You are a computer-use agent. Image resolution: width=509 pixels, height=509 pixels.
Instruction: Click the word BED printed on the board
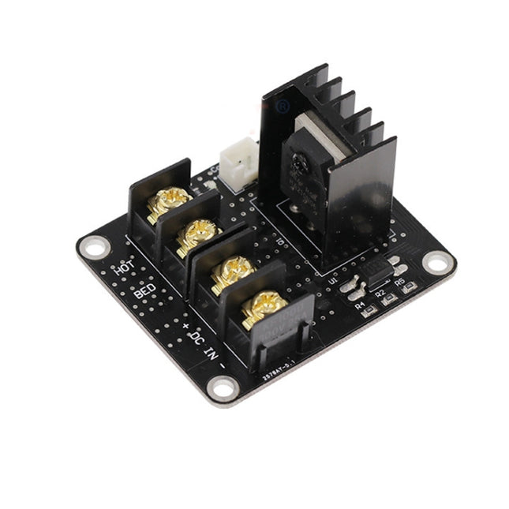pos(144,292)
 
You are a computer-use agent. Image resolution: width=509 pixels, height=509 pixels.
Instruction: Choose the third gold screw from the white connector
pos(232,271)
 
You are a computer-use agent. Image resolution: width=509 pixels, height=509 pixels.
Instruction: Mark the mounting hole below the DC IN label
pos(223,387)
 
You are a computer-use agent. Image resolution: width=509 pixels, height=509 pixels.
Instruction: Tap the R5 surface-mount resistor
pos(408,289)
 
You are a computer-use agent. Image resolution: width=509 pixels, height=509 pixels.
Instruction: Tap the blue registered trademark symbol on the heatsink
pos(283,104)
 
